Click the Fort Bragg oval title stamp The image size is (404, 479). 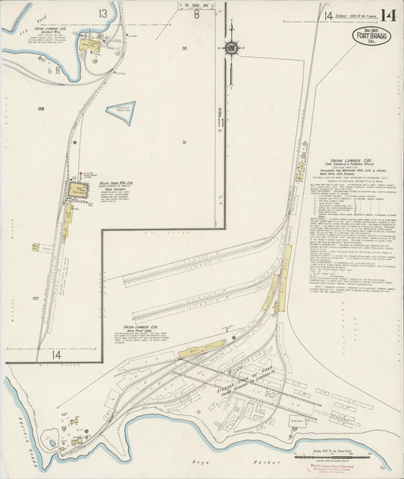(371, 37)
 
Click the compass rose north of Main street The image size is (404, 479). (231, 49)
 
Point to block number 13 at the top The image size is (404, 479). (102, 14)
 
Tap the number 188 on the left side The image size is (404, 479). (41, 109)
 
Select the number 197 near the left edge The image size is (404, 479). (34, 299)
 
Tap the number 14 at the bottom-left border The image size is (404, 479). (55, 354)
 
